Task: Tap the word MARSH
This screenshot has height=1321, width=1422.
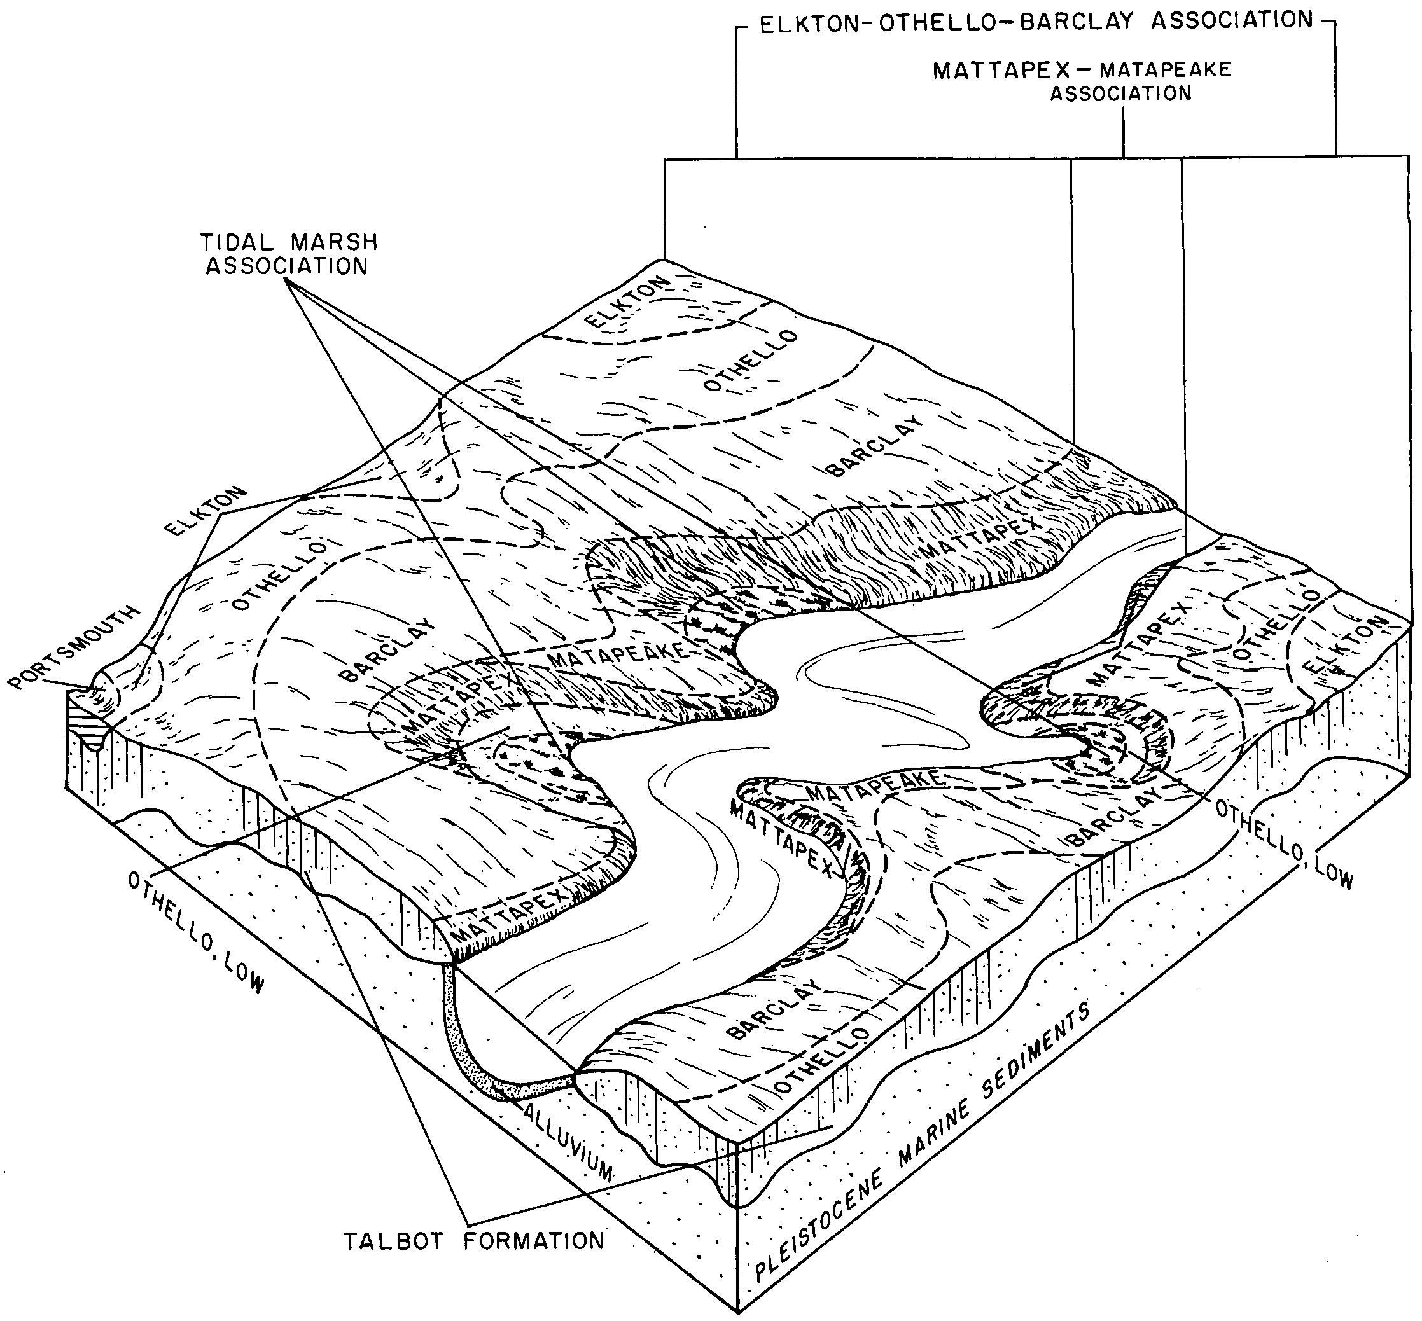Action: click(340, 242)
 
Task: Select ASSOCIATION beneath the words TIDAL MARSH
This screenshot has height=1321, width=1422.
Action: click(288, 266)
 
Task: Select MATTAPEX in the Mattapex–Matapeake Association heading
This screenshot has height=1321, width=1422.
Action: click(1001, 71)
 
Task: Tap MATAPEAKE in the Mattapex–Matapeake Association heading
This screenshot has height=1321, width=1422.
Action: click(1166, 69)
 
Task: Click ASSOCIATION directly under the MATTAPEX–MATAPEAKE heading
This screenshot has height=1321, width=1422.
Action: click(1120, 93)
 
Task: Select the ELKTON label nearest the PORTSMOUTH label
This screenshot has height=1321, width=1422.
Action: click(205, 511)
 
